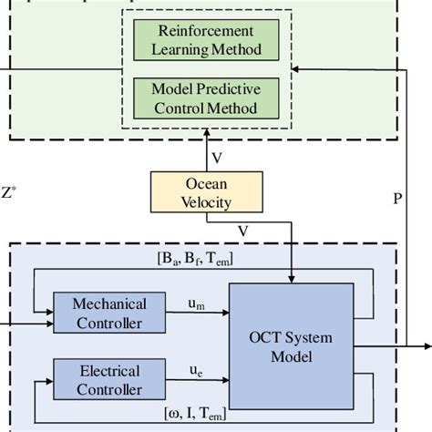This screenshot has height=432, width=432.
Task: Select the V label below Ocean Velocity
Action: tap(216, 231)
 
